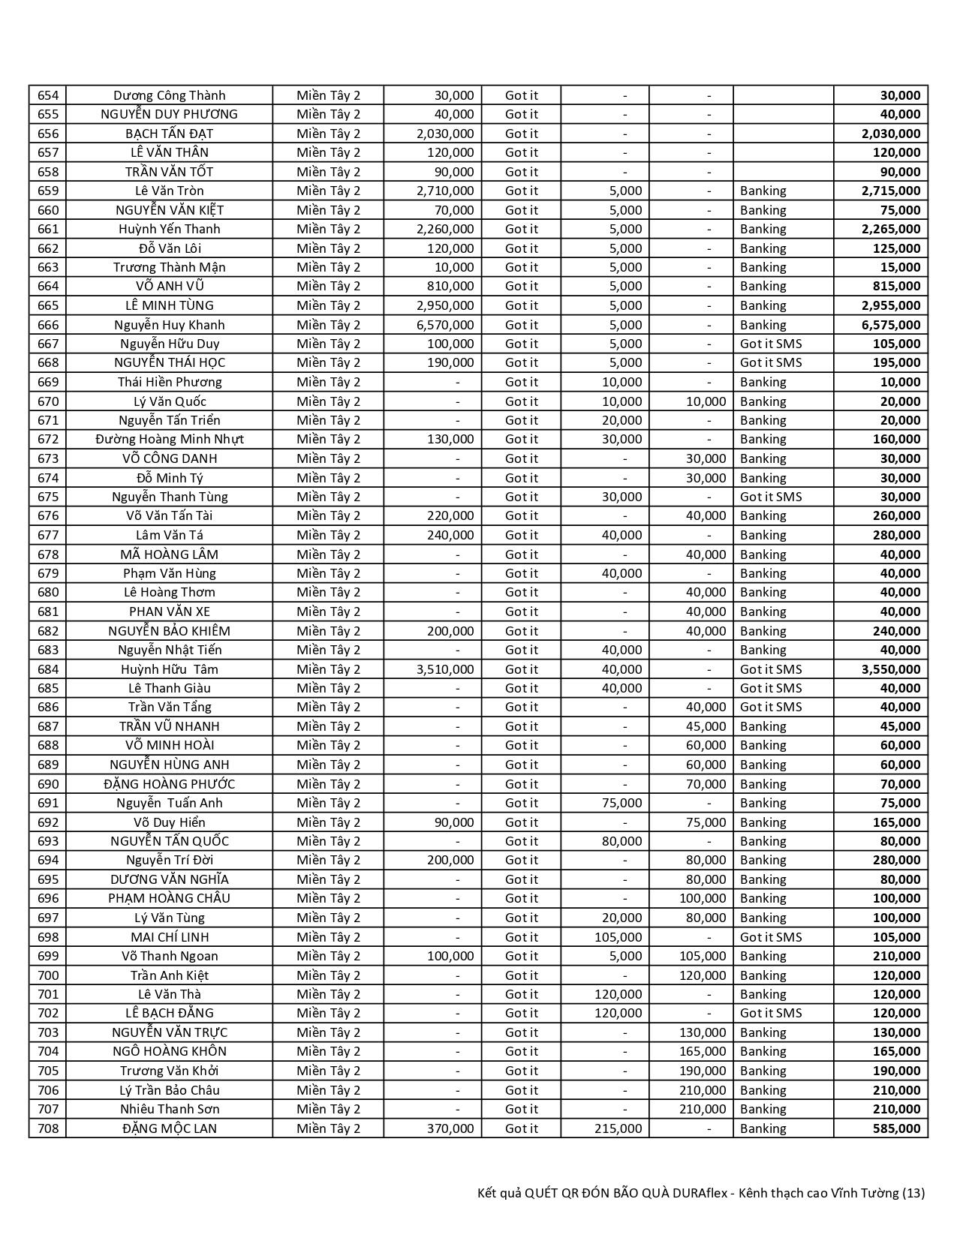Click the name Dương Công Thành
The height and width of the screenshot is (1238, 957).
pos(169,95)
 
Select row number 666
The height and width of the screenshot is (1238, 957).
pos(47,325)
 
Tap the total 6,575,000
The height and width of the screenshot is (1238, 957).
pos(891,325)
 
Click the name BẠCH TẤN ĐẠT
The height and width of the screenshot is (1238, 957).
pos(169,134)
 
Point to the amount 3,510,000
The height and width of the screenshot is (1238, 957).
pos(445,669)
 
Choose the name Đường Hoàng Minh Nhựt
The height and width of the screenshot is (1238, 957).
pos(169,439)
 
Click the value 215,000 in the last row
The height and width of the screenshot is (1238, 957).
pos(618,1128)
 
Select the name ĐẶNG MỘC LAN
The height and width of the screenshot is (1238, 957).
pos(169,1128)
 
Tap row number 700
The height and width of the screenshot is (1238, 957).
pos(47,975)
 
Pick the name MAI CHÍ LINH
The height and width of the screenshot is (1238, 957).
pos(169,937)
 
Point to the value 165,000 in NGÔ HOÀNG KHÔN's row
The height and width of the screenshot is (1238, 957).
pos(703,1051)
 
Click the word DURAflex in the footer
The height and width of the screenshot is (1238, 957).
pos(694,1193)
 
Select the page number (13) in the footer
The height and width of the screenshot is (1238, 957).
pos(913,1193)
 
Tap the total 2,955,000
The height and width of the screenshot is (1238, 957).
pos(891,305)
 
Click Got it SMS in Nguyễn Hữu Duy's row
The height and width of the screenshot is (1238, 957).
pos(771,344)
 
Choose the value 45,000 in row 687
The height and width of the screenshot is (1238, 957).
pos(706,726)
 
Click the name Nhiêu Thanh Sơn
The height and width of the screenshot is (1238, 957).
pos(169,1109)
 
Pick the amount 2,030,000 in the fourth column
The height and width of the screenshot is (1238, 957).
pos(445,134)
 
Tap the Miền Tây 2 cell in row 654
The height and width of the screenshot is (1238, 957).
pos(328,95)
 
